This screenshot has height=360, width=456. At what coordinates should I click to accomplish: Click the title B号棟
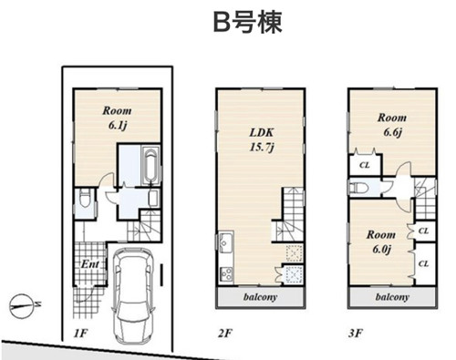pyautogui.click(x=247, y=22)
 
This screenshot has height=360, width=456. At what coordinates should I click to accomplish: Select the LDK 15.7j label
pyautogui.click(x=262, y=139)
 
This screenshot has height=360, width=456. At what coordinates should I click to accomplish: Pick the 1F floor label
pyautogui.click(x=80, y=334)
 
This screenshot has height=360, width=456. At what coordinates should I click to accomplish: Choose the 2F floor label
pyautogui.click(x=225, y=334)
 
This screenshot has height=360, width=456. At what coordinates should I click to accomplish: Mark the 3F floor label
pyautogui.click(x=356, y=334)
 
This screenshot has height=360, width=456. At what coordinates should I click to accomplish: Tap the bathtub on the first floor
pyautogui.click(x=150, y=166)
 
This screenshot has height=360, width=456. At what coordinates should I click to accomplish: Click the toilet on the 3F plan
pyautogui.click(x=359, y=188)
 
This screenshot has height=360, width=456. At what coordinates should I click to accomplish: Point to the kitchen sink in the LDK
pyautogui.click(x=226, y=242)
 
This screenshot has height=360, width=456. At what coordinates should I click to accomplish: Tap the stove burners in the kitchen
pyautogui.click(x=226, y=274)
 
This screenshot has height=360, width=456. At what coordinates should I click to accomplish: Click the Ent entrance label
pyautogui.click(x=90, y=264)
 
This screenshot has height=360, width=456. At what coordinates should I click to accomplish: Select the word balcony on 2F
pyautogui.click(x=260, y=297)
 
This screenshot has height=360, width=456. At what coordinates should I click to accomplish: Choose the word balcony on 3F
pyautogui.click(x=392, y=297)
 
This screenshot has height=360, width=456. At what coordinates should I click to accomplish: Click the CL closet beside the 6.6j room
pyautogui.click(x=365, y=165)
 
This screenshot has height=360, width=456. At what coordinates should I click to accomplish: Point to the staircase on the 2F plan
pyautogui.click(x=288, y=214)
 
